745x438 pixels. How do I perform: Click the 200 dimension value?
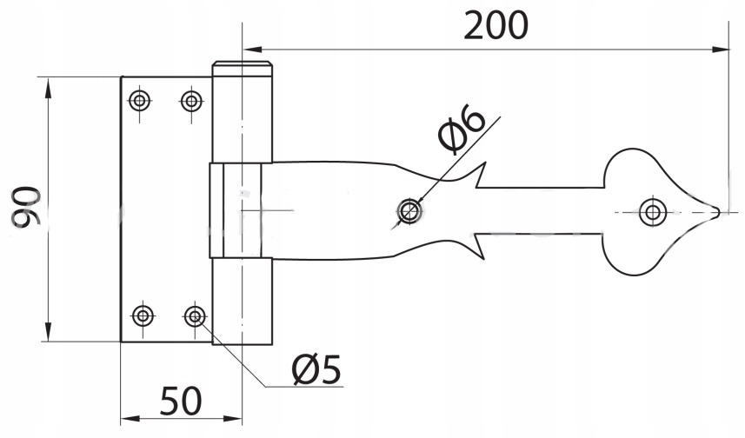pos(496,25)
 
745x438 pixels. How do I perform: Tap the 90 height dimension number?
pos(26,206)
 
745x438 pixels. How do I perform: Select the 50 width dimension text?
pos(181,401)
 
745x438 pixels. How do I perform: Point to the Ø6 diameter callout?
pos(462,129)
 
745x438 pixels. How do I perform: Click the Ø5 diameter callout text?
pos(316,369)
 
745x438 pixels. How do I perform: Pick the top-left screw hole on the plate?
pos(140,101)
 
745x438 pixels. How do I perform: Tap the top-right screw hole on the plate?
pos(191,101)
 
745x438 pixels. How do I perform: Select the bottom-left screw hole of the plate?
pos(143,315)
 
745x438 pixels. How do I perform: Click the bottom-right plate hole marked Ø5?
pos(195,315)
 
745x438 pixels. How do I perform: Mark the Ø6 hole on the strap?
pos(409,211)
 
